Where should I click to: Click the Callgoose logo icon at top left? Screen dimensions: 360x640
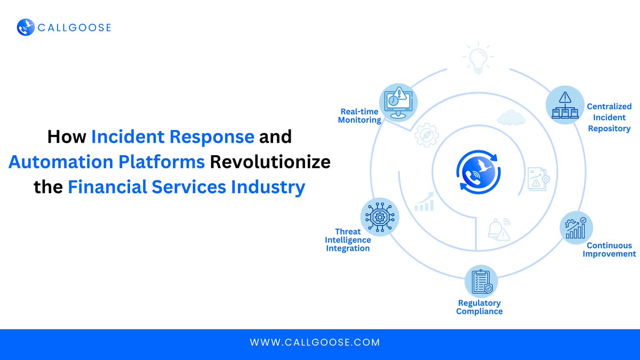(26, 27)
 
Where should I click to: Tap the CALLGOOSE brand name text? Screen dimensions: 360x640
(74, 27)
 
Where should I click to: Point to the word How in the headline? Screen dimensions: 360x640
(66, 137)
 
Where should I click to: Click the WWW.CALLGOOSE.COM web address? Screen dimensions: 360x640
(315, 342)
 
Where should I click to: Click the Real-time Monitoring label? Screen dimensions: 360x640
(359, 116)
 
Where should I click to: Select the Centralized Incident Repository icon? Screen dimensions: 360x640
(564, 105)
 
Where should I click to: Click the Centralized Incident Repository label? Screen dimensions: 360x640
(609, 117)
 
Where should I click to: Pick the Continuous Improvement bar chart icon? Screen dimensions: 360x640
(576, 228)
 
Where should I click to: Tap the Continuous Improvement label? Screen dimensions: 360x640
(609, 250)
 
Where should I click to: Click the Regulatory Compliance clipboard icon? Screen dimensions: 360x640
(481, 282)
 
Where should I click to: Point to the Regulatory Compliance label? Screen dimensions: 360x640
(479, 307)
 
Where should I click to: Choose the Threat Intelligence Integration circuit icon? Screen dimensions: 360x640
(380, 217)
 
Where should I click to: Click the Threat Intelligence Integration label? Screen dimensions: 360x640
(348, 240)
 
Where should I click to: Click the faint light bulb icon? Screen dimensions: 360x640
(478, 59)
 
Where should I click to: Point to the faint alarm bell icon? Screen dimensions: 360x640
(499, 229)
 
